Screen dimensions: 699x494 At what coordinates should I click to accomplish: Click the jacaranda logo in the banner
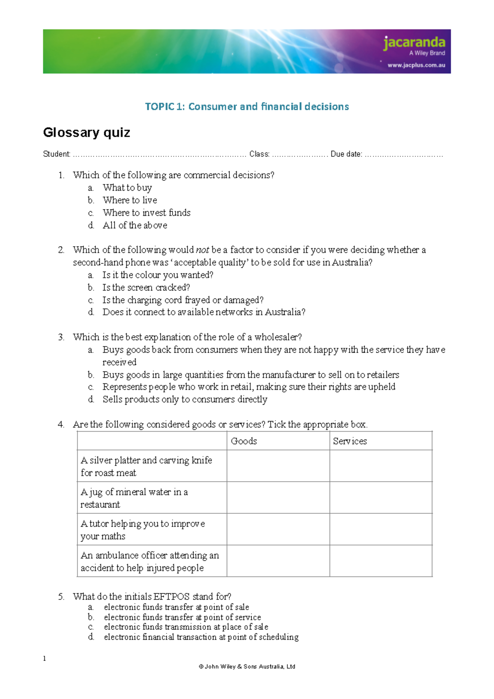414,43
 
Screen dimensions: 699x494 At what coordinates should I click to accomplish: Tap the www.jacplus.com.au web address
416,65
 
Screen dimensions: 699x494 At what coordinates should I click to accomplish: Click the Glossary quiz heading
86,133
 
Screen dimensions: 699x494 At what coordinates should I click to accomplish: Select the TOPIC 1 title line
247,107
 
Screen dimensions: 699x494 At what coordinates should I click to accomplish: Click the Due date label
346,154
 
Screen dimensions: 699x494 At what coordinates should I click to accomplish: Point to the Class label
259,154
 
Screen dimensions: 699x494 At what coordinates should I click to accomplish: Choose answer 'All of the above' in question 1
135,226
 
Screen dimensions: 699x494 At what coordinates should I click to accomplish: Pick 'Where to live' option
130,200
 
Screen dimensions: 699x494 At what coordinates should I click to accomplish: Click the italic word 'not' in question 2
202,250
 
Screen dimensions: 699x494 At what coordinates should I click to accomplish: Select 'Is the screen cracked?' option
146,288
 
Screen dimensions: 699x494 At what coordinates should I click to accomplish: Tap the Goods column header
244,441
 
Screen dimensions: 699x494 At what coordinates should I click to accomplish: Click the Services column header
350,441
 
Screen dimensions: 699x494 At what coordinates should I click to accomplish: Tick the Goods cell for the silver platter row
278,466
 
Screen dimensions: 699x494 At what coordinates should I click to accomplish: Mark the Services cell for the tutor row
381,529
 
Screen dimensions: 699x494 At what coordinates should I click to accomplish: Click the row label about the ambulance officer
150,562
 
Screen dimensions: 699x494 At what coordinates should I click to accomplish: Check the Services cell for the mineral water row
381,498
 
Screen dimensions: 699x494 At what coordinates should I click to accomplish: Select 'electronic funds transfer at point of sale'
176,607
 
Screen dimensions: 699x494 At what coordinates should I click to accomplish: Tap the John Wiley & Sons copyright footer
247,666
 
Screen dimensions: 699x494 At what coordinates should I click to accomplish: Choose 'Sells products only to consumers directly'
185,399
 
